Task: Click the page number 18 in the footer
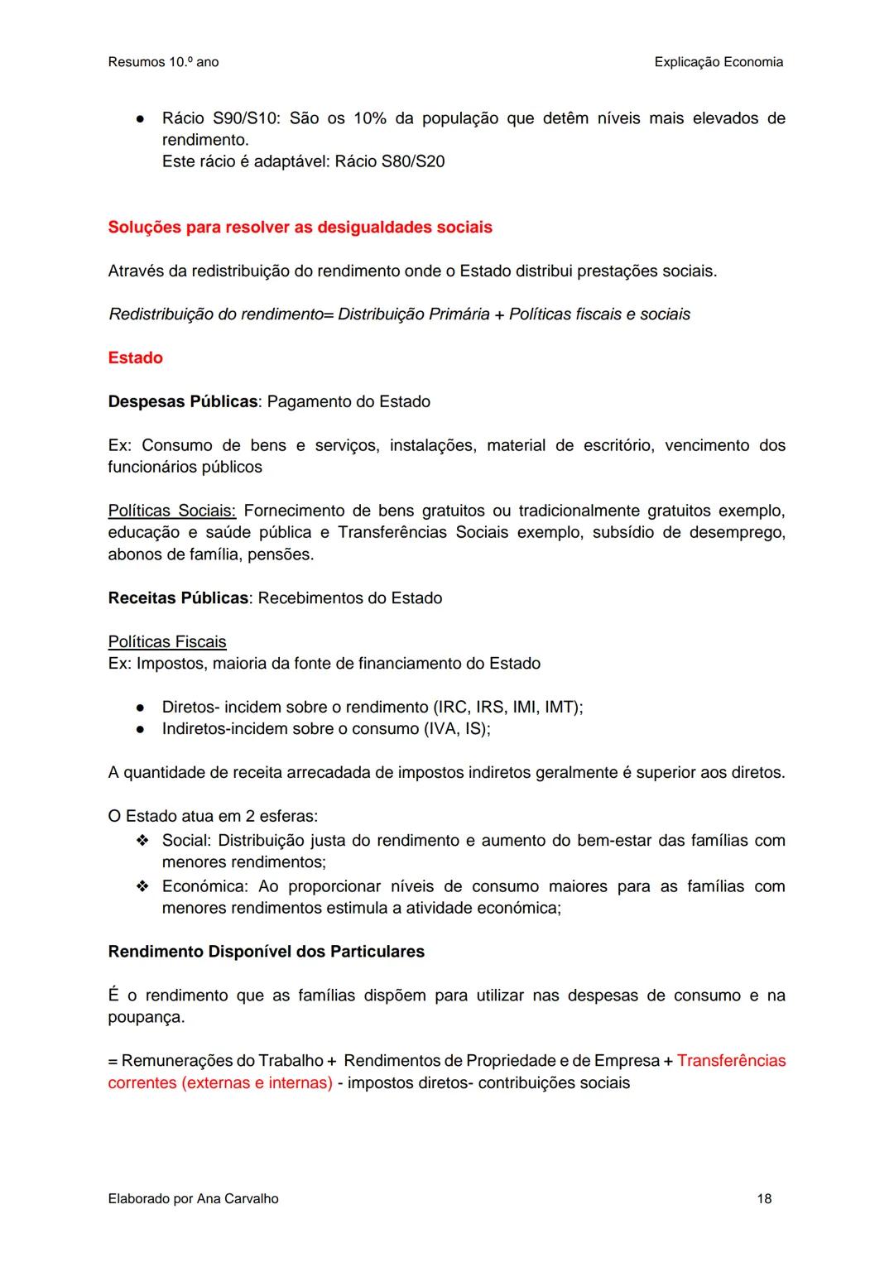(x=763, y=1198)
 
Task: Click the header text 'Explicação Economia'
(x=718, y=62)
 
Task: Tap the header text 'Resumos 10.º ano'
(x=163, y=62)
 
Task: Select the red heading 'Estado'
(x=135, y=358)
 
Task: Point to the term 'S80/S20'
(x=412, y=161)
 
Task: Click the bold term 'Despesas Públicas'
(x=183, y=402)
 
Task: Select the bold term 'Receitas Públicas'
(x=178, y=598)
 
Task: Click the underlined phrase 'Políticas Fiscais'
(x=167, y=642)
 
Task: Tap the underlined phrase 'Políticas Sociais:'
(x=171, y=511)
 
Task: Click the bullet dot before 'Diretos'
(x=142, y=708)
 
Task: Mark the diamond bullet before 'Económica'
(x=142, y=886)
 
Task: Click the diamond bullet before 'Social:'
(x=142, y=841)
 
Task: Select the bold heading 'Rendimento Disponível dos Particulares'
(x=266, y=952)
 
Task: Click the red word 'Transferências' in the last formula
(x=731, y=1061)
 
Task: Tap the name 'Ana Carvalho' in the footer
(x=238, y=1198)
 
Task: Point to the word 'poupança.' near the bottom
(x=147, y=1017)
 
